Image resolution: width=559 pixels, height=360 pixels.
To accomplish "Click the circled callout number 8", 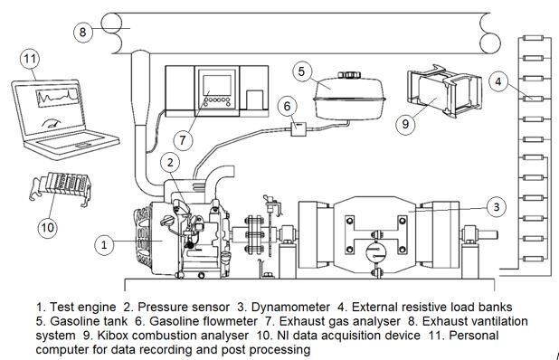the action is (83, 32).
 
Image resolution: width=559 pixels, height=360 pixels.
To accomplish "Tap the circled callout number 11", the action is (30, 58).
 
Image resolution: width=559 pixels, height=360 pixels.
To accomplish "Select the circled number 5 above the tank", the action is (301, 71).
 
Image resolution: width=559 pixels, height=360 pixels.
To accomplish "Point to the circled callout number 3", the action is (497, 207).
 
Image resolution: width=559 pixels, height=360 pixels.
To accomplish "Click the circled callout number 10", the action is (47, 227).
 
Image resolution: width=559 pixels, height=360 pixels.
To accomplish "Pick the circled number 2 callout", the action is (170, 162).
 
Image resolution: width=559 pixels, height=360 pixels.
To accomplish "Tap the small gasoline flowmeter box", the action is (298, 128).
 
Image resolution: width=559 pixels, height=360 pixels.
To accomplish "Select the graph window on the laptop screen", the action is (57, 98).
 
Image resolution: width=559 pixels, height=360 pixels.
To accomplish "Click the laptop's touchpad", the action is (83, 145).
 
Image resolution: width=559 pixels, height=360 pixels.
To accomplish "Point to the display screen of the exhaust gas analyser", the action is (217, 85).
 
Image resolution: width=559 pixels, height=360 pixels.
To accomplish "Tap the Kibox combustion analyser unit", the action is (444, 91).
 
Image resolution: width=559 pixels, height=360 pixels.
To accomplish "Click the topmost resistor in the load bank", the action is (533, 38).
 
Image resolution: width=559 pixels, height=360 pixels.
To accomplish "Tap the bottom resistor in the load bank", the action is (533, 259).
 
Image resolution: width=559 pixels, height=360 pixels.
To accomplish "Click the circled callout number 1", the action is (104, 245).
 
